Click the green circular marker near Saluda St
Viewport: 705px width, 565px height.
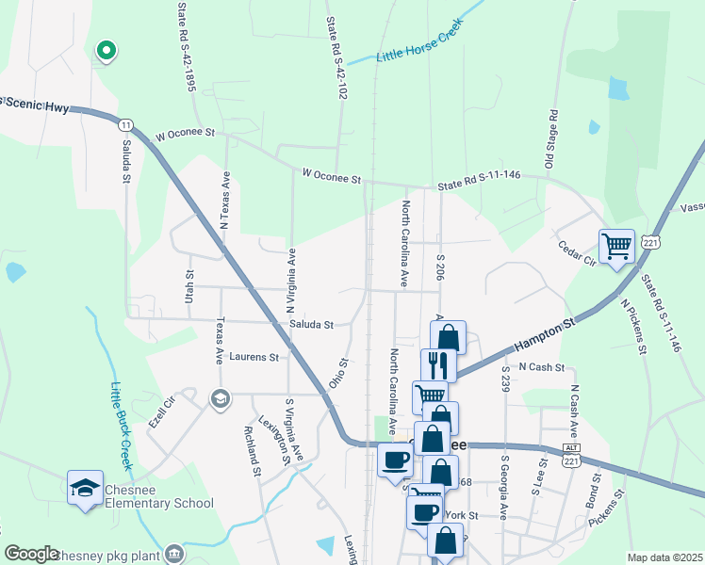pos(107,51)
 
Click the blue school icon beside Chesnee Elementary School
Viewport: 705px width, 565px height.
pos(85,488)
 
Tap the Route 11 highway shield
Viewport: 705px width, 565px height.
pos(124,123)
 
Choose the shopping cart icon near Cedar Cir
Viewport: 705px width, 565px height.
pos(617,247)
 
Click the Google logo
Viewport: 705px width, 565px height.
pos(32,554)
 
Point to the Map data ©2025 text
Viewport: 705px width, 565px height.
pos(664,557)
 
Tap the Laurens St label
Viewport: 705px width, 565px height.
pos(254,358)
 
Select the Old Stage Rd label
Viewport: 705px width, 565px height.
pos(553,138)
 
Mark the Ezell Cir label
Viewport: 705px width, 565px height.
pos(163,413)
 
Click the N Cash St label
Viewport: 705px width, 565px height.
pos(540,367)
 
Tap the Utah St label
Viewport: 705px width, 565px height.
pos(189,285)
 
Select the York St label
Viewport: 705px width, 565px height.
pos(462,515)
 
